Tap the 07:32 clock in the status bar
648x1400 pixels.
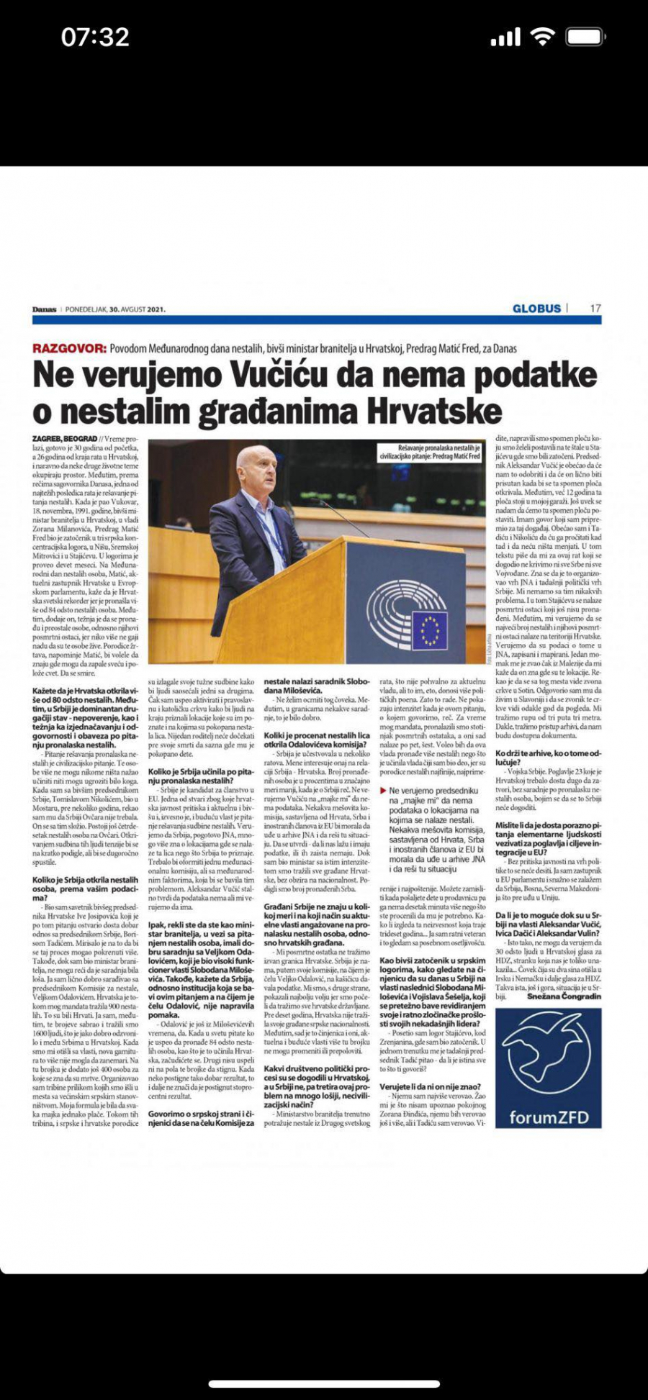coord(95,37)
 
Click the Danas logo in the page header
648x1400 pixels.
coord(44,309)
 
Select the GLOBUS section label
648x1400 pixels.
coord(536,309)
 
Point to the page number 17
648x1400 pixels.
coord(595,309)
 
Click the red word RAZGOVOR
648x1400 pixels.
coord(69,348)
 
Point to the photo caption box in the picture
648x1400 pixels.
coord(430,453)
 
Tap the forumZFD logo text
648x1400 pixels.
coord(549,1118)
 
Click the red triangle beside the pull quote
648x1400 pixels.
coord(383,791)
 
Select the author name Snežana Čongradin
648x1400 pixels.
coord(564,996)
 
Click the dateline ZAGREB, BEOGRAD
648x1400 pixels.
coord(65,439)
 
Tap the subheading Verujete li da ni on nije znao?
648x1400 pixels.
coord(431,1087)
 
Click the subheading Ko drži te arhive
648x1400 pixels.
coord(547,753)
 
